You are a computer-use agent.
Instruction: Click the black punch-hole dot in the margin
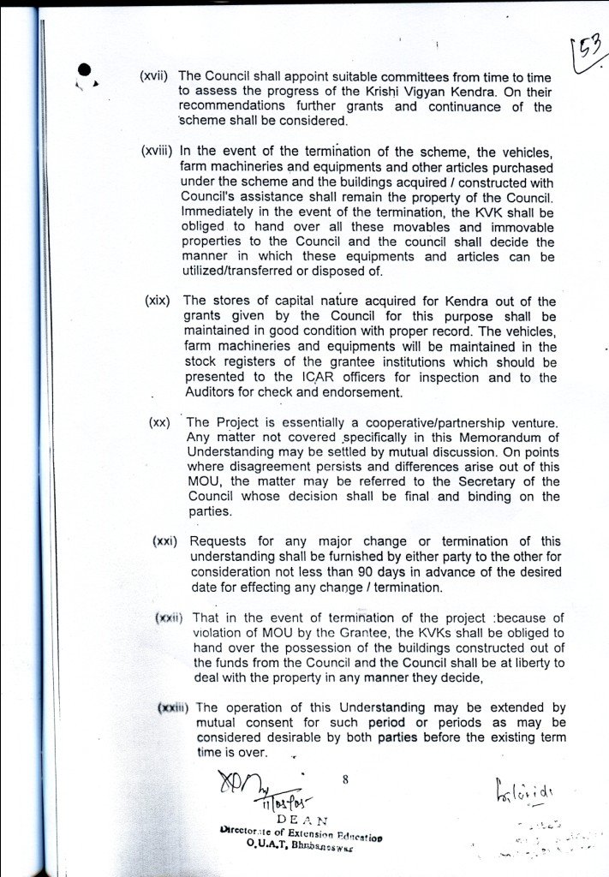[x=85, y=72]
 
